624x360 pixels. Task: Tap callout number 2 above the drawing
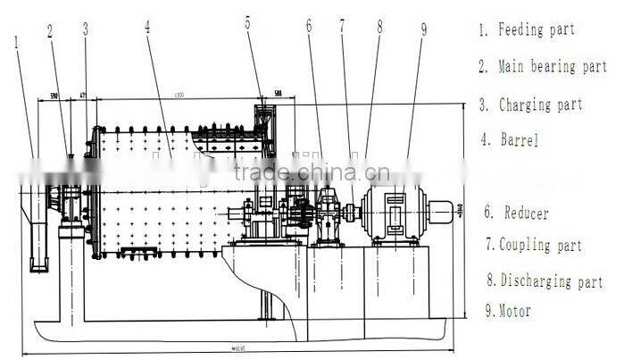pyautogui.click(x=50, y=30)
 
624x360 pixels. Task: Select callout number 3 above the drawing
pyautogui.click(x=85, y=29)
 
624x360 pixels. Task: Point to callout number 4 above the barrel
pyautogui.click(x=146, y=27)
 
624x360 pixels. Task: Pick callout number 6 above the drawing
pyautogui.click(x=309, y=26)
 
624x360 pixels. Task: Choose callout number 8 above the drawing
pyautogui.click(x=379, y=27)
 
